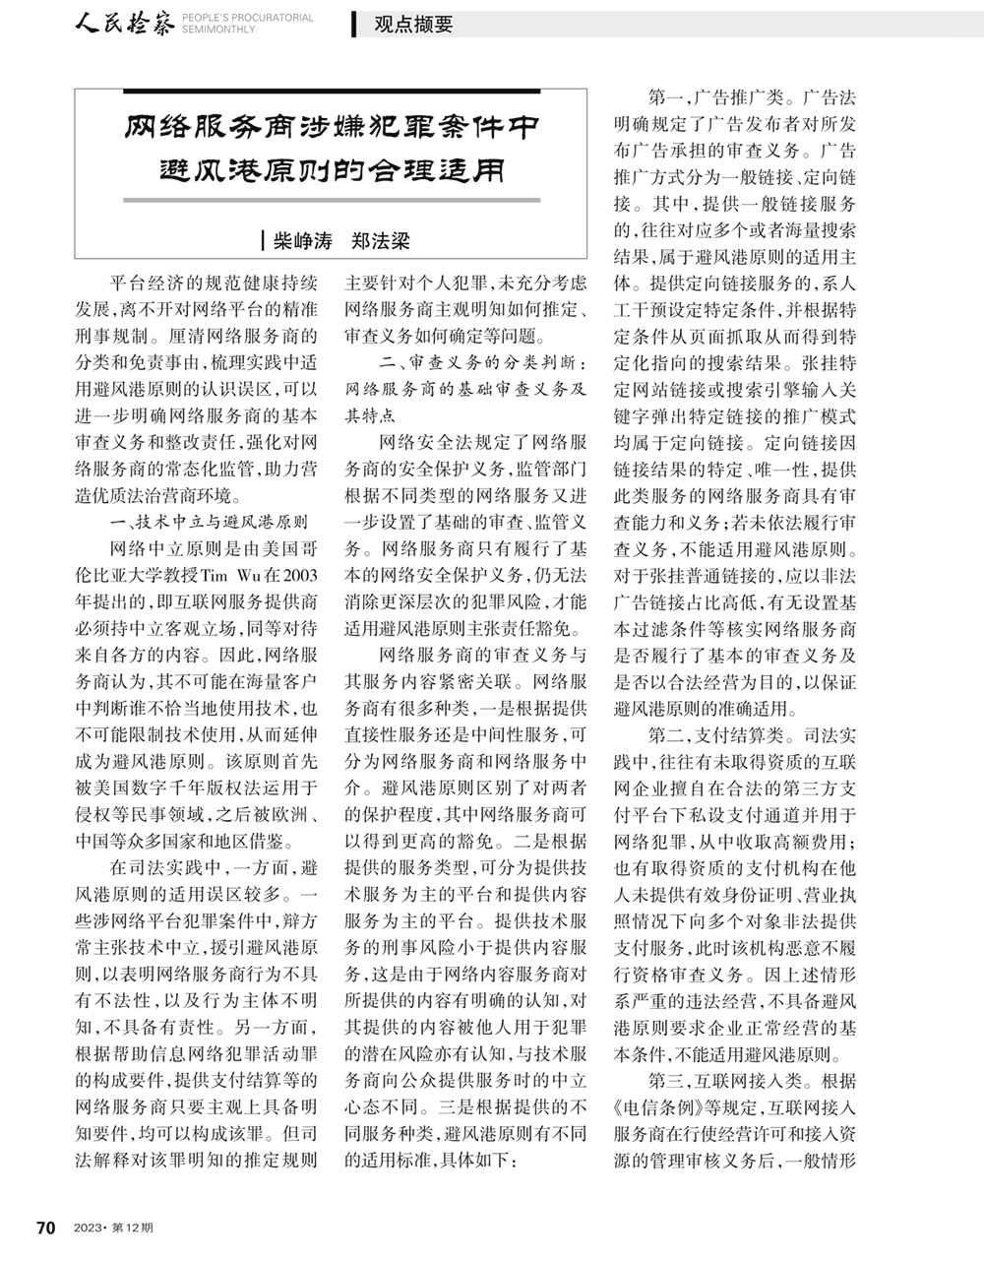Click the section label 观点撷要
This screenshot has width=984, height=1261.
(x=412, y=26)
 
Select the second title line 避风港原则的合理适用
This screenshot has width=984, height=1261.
(x=333, y=171)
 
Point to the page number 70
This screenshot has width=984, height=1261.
(x=44, y=1228)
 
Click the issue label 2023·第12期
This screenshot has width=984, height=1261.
(x=108, y=1228)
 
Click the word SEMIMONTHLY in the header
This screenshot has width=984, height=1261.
(x=218, y=31)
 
